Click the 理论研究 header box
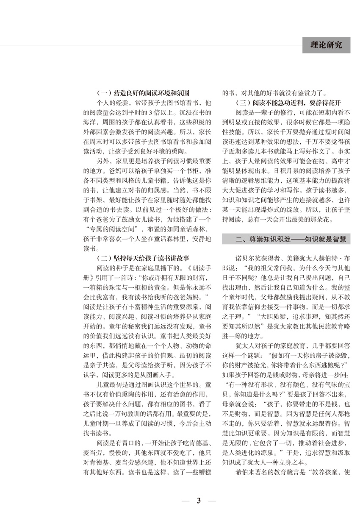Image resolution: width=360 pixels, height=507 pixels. pos(326,45)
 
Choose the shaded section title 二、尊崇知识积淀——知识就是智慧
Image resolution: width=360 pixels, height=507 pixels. pos(286,240)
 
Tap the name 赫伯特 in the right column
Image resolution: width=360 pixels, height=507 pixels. pos(321,258)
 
